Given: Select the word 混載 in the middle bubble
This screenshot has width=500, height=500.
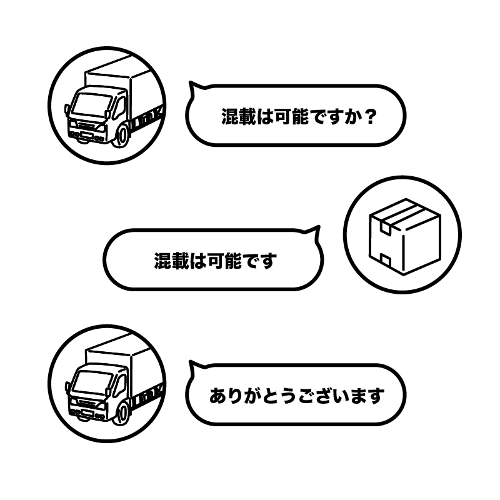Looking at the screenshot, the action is click(172, 260).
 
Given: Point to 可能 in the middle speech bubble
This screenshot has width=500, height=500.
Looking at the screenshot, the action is click(224, 260).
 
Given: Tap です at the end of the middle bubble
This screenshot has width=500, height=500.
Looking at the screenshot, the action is click(261, 260).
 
